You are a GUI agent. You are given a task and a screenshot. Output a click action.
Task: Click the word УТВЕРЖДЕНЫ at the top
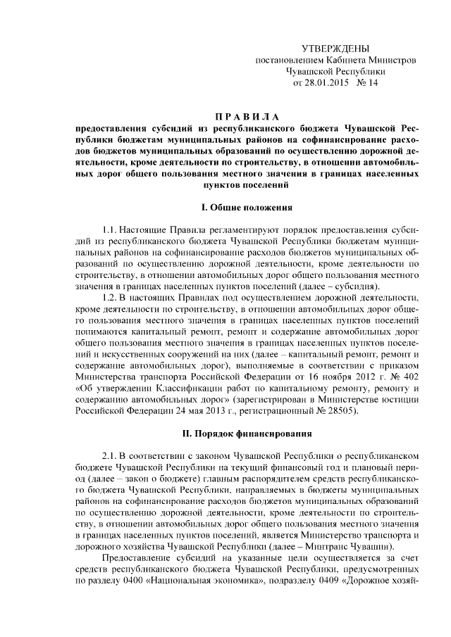pyautogui.click(x=335, y=48)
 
